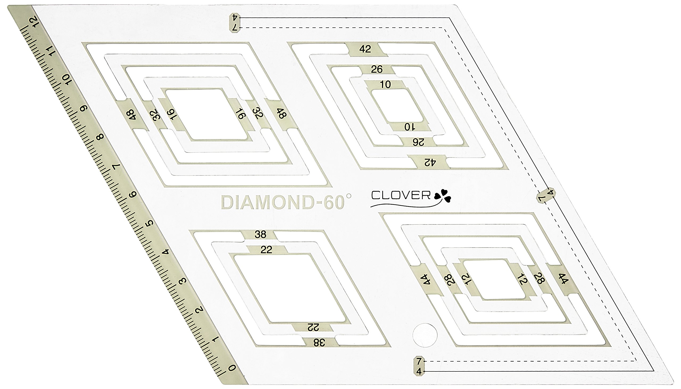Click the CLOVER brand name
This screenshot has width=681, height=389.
pos(401,195)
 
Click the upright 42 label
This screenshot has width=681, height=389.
pos(365,49)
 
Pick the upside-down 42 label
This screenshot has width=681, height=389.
pos(430,162)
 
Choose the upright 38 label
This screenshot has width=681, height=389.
pos(260,234)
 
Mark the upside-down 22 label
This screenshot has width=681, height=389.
pos(313,327)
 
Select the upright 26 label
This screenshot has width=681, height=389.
pos(377,69)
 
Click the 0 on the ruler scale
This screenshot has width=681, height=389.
pos(232,368)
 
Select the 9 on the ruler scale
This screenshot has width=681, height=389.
pos(84,108)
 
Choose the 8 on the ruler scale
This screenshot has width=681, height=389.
pos(100,137)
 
